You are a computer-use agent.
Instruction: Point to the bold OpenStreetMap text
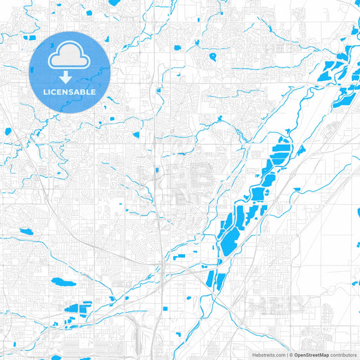click(311, 354)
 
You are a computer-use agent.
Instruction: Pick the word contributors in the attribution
click(343, 354)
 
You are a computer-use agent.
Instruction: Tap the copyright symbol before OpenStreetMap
click(291, 354)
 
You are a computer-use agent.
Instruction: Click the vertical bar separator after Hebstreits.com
click(286, 354)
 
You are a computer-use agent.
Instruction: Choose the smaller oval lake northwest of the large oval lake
click(26, 232)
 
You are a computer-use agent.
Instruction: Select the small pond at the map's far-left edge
click(7, 132)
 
